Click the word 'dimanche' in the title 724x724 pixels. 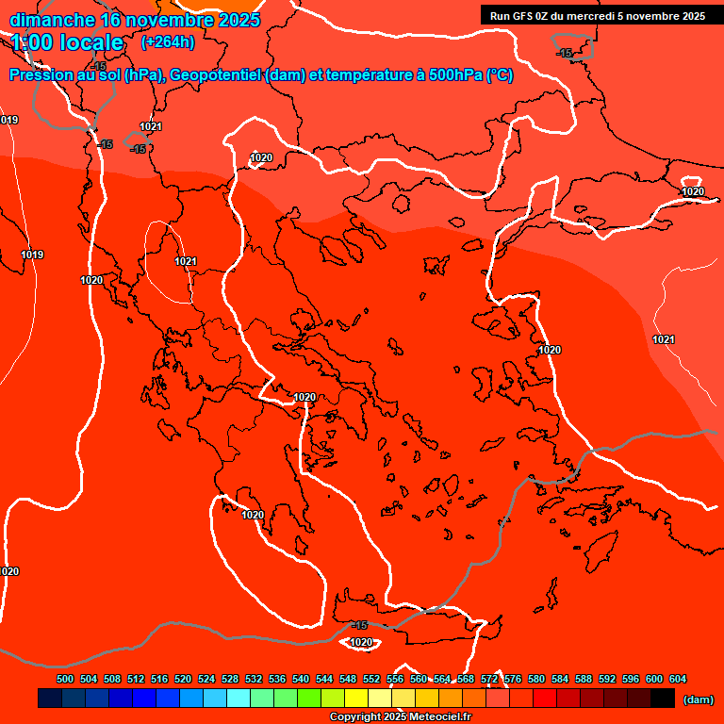(53, 20)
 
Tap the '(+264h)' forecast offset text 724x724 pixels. (167, 41)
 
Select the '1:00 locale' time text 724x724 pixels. (68, 42)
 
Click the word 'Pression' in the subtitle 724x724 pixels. (46, 75)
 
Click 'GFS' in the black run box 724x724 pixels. (523, 15)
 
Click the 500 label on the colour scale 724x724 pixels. (65, 679)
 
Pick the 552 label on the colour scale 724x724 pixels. (371, 679)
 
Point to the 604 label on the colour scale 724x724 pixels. (678, 679)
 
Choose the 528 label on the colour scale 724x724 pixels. (230, 679)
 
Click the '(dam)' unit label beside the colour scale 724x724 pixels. (698, 699)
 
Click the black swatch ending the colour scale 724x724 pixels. (663, 698)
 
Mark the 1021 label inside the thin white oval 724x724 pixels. (186, 261)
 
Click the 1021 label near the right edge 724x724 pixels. (664, 339)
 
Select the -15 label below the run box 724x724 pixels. (565, 53)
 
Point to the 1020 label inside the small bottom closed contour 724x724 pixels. (361, 643)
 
